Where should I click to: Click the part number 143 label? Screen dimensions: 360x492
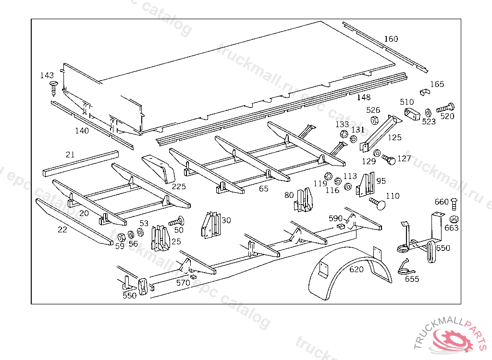coord(47,75)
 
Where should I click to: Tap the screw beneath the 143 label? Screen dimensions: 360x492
coord(53,88)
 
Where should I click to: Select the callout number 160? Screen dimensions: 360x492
coord(391,39)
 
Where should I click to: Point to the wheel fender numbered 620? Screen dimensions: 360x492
coord(346,276)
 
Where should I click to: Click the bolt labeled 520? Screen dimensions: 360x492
coord(445,109)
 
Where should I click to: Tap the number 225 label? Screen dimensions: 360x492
coord(179,186)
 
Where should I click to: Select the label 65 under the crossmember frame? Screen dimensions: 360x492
coord(264,189)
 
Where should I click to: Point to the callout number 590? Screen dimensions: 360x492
coord(335,218)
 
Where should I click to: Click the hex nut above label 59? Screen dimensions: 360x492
coord(121,237)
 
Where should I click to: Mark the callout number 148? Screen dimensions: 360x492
coord(364,97)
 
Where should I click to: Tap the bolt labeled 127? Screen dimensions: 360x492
coord(389,159)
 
